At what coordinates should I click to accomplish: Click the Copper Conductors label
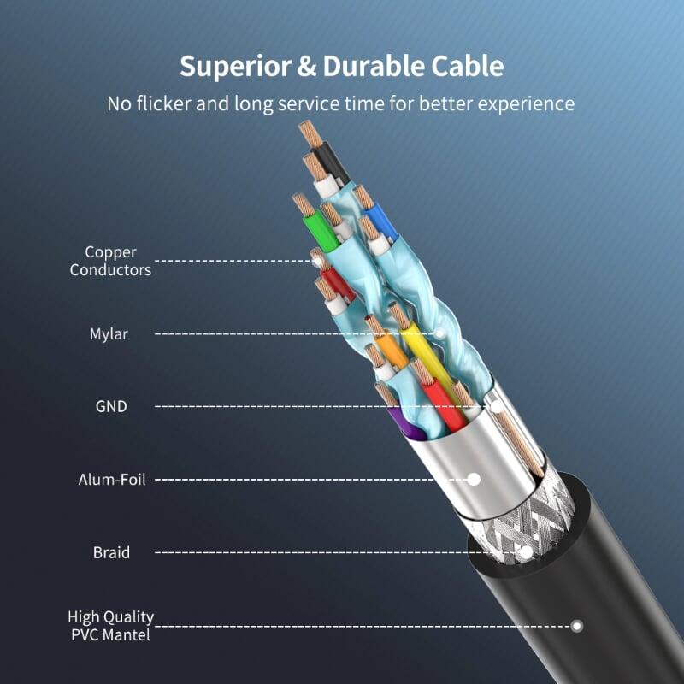click(110, 261)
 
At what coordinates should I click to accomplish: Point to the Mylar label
click(109, 333)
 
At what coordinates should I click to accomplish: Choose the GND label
click(111, 406)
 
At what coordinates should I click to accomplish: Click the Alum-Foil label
click(112, 480)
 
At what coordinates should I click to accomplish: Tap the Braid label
click(112, 552)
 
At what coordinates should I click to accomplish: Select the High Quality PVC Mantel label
click(111, 625)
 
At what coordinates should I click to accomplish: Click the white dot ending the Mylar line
click(440, 333)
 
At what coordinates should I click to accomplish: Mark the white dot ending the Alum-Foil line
click(473, 480)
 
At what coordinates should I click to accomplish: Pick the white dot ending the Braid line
click(526, 552)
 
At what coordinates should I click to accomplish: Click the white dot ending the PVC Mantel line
click(577, 626)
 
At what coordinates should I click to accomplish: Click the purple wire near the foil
click(398, 419)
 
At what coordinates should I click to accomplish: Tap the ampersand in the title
click(304, 67)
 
